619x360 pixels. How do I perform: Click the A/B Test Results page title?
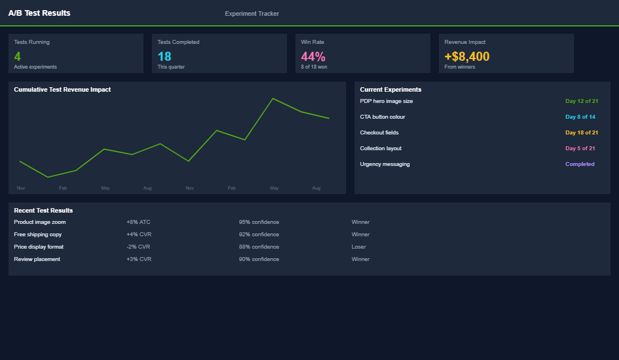click(39, 13)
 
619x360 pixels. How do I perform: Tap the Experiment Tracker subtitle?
click(252, 13)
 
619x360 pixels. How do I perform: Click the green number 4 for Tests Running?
click(17, 56)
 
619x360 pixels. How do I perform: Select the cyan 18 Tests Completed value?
click(164, 56)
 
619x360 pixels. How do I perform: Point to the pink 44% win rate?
click(313, 56)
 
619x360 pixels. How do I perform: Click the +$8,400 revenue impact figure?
click(467, 56)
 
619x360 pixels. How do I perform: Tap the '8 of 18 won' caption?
click(314, 67)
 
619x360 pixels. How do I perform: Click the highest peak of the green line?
click(273, 99)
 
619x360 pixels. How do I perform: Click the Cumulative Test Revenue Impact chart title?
click(62, 89)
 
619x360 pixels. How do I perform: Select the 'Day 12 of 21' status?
click(581, 101)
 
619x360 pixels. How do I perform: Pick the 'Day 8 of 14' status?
click(580, 117)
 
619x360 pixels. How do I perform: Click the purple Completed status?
click(580, 164)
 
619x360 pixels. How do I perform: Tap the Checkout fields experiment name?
click(379, 133)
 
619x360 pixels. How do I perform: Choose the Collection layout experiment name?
click(381, 148)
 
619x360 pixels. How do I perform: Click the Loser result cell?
click(358, 247)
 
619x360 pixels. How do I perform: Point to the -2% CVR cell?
click(138, 247)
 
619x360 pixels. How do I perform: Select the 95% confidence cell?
click(259, 222)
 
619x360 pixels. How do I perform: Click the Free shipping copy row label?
click(38, 235)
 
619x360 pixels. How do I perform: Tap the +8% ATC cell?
click(138, 222)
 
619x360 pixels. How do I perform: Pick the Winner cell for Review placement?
click(361, 259)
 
